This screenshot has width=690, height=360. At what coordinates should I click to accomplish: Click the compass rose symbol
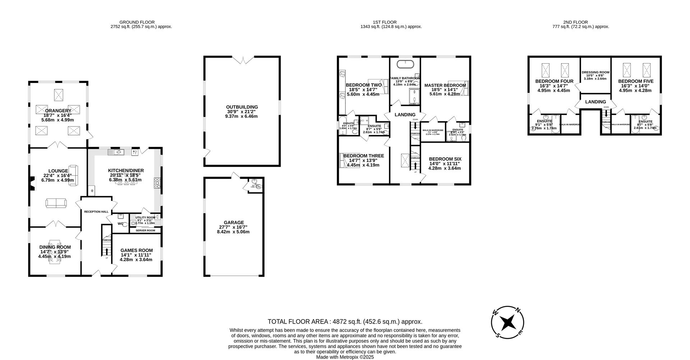tap(507, 322)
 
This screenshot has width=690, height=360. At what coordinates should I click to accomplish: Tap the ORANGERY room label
tap(58, 111)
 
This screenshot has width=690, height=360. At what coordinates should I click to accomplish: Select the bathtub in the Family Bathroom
tap(405, 64)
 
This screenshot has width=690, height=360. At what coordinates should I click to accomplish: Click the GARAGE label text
tap(234, 223)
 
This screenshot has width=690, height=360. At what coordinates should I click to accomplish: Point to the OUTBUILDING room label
tap(242, 107)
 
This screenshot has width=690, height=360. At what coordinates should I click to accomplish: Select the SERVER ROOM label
tap(145, 230)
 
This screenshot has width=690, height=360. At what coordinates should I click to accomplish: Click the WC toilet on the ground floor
tap(124, 224)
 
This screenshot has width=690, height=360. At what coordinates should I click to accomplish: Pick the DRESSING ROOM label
tap(595, 72)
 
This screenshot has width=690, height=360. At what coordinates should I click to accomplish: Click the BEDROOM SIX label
tap(445, 159)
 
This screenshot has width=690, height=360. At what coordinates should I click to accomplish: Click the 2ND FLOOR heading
tap(581, 22)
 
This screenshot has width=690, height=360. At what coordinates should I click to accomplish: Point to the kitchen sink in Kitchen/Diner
tap(118, 152)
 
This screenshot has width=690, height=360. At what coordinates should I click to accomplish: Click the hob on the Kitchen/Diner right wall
tap(157, 183)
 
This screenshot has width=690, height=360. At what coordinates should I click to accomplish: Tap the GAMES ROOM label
tap(136, 250)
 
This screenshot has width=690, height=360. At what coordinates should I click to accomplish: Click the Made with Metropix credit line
tap(345, 357)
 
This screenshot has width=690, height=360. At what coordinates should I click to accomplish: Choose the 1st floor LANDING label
tap(405, 115)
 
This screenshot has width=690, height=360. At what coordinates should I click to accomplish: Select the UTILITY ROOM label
tap(145, 217)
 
